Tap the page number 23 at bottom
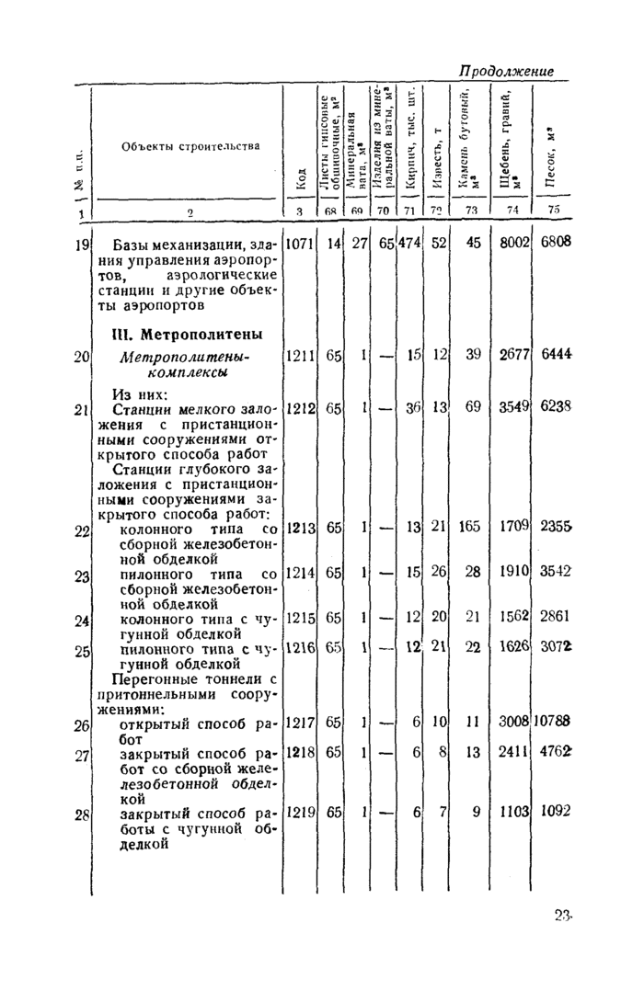[565, 916]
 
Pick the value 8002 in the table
[508, 244]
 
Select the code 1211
[300, 355]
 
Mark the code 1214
[300, 572]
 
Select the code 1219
[300, 812]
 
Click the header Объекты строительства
[193, 146]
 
